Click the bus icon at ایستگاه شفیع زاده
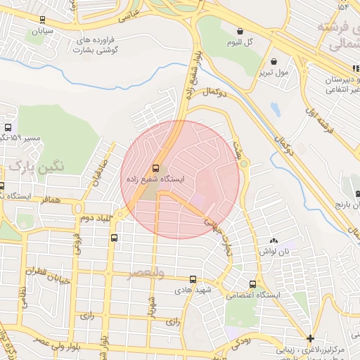(155, 169)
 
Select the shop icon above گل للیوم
(240, 32)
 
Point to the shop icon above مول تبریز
(274, 62)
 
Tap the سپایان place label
(39, 32)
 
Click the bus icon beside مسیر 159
(8, 128)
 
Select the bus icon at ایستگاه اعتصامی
(252, 284)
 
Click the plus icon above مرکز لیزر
(310, 338)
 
